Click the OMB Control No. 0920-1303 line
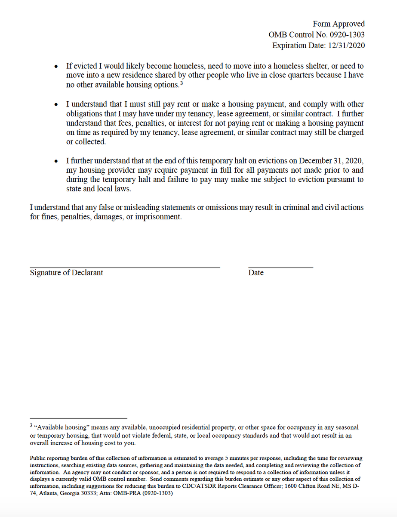317,35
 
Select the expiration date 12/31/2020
344,46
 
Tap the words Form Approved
339,24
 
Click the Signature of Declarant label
67,273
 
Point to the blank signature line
125,267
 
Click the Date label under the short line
256,273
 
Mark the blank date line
280,267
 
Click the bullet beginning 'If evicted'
56,67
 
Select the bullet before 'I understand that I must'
56,105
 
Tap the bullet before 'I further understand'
56,162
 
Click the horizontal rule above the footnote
78,418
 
